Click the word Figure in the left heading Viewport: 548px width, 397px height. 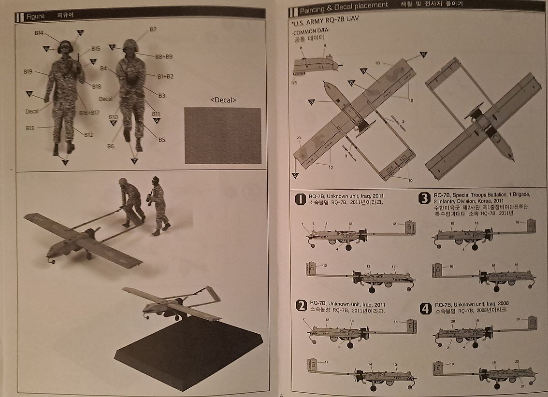(35, 16)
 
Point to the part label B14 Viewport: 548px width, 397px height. (40, 33)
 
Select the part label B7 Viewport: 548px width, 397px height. (153, 29)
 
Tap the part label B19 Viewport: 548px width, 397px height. (28, 71)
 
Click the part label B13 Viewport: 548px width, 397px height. (30, 128)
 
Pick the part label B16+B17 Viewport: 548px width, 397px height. (89, 113)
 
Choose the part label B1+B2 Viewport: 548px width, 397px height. (165, 76)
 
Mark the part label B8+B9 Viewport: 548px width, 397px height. (164, 57)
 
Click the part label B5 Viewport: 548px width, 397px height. (162, 140)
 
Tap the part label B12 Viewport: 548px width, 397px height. (88, 135)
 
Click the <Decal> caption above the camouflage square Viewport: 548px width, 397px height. (223, 100)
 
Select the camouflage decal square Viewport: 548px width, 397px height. (223, 135)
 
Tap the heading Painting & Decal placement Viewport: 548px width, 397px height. (344, 5)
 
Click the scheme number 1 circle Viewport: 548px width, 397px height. (301, 199)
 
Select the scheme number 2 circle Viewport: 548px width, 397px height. (302, 305)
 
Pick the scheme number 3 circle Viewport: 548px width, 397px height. (425, 198)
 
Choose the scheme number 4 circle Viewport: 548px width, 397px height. (426, 308)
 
